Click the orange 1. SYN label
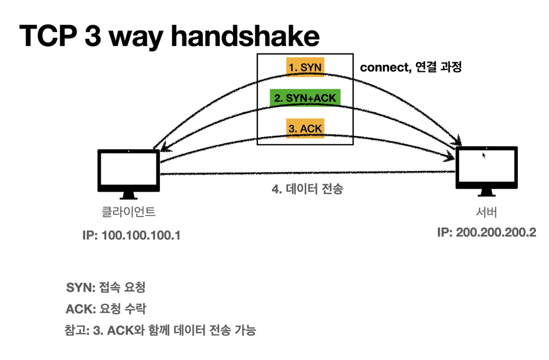305,67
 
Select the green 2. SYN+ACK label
305,98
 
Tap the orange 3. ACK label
305,128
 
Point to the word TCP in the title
48,36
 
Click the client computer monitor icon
129,174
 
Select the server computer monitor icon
487,171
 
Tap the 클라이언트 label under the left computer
128,212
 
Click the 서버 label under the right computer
486,212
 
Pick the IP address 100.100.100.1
141,235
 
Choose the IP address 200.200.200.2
496,232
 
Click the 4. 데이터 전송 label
308,189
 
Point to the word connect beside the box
386,67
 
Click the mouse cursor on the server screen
484,156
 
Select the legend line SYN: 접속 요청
106,287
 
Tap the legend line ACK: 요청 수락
106,309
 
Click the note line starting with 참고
160,330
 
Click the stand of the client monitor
129,195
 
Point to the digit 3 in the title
93,36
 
